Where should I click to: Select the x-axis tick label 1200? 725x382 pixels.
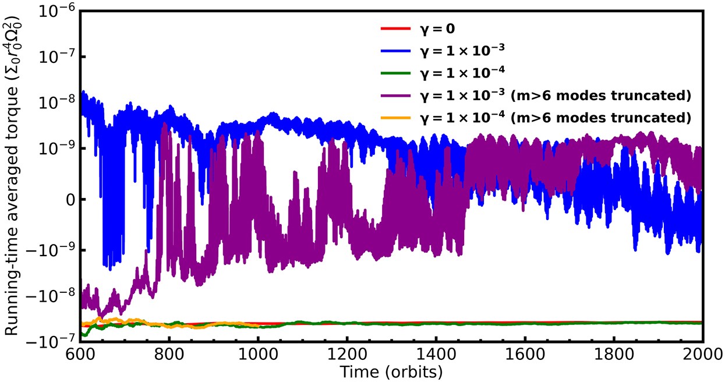[x=346, y=355]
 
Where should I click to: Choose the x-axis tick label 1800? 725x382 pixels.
[x=614, y=355]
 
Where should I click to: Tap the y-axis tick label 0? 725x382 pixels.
[x=67, y=199]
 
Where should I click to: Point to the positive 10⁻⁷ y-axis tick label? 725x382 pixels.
[x=55, y=56]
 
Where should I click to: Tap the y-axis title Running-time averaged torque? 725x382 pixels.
[x=13, y=175]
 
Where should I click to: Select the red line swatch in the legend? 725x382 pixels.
[x=395, y=28]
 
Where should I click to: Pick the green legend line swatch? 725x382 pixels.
[x=395, y=73]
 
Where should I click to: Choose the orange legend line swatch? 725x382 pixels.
[x=395, y=118]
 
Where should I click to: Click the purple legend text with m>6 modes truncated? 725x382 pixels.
[x=556, y=95]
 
